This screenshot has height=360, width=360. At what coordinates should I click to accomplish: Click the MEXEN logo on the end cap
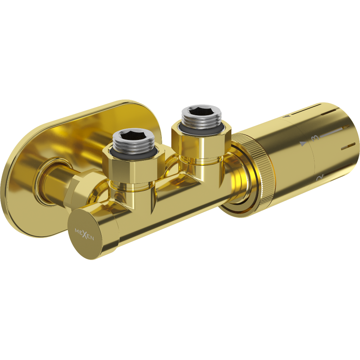click(x=84, y=234)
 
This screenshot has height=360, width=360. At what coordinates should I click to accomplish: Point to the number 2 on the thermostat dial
click(x=320, y=177)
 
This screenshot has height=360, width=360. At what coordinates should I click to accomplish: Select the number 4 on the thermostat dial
click(x=286, y=117)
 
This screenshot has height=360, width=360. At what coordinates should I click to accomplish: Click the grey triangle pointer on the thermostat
click(x=303, y=144)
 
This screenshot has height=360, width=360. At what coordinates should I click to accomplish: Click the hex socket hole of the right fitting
click(x=201, y=113)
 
